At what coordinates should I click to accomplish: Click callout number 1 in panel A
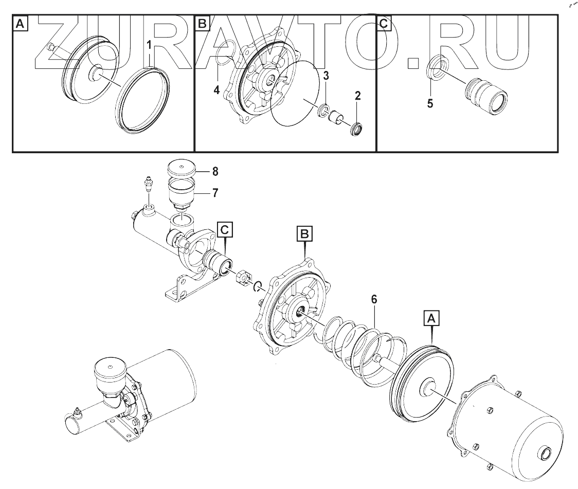click(x=150, y=45)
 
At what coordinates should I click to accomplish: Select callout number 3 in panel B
click(x=326, y=76)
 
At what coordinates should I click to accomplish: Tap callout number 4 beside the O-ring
click(x=216, y=90)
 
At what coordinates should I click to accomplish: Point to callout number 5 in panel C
click(x=430, y=103)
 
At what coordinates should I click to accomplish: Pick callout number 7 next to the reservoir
click(x=215, y=193)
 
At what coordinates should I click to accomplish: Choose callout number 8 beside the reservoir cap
click(x=215, y=170)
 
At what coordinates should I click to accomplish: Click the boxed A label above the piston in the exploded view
click(x=431, y=319)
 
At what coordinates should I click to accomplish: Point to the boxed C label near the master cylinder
click(x=224, y=230)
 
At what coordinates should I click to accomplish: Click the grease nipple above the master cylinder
click(x=149, y=185)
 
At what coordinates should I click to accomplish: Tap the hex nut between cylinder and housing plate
click(x=243, y=279)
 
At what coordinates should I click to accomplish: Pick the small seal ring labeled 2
click(x=355, y=129)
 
